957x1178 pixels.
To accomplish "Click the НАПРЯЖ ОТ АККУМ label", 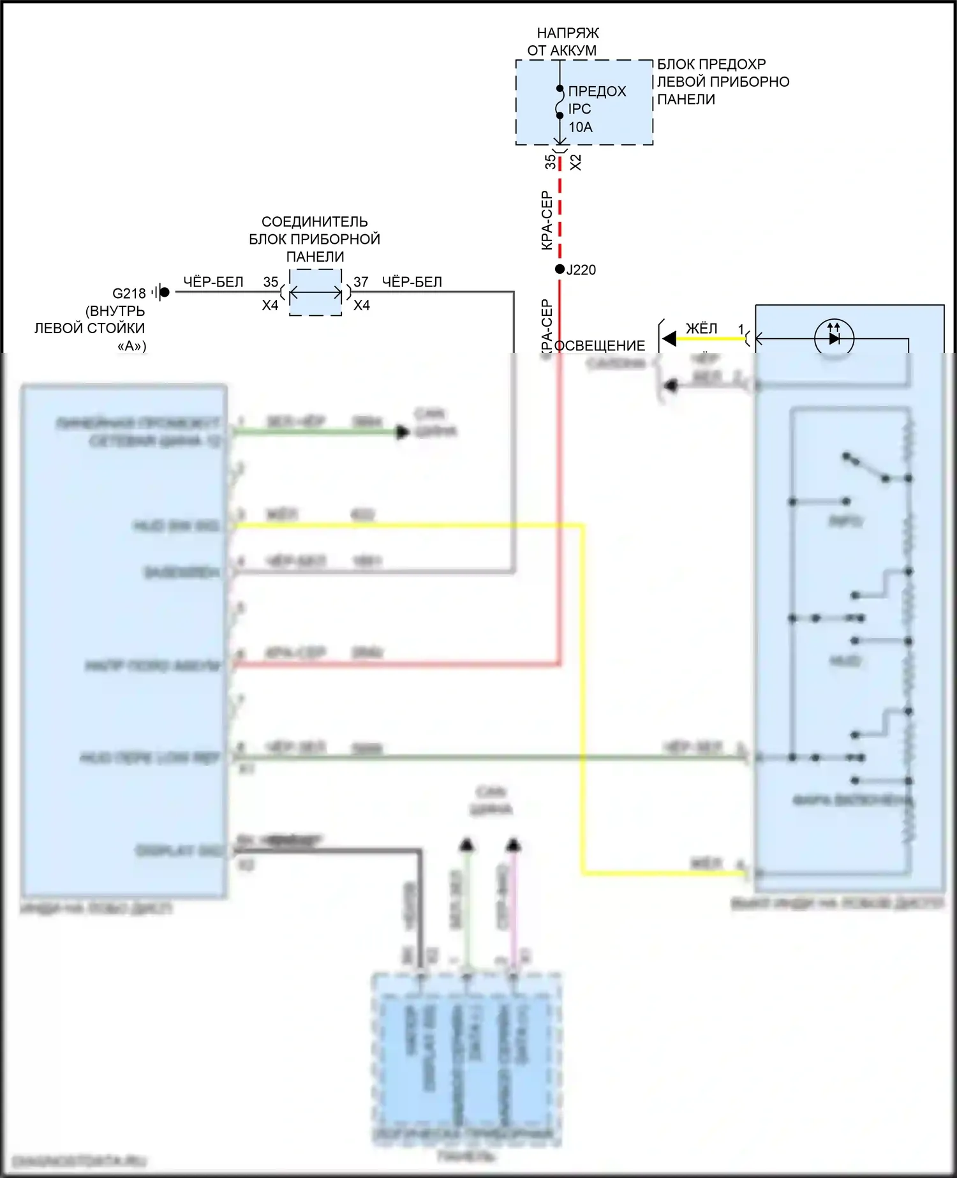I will (x=562, y=41).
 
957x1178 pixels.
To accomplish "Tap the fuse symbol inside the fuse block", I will (x=560, y=102).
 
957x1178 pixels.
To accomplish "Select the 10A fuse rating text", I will (x=581, y=127).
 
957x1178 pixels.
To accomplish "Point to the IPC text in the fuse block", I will (x=579, y=109).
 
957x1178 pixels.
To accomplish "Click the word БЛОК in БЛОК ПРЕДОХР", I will (x=676, y=64).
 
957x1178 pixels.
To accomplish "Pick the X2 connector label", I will (x=575, y=162).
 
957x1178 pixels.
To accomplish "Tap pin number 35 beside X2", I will (x=550, y=162).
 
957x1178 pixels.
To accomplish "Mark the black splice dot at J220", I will (x=560, y=269).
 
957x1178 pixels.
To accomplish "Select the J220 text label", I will (x=581, y=270).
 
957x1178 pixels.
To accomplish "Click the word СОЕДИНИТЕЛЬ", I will (x=315, y=221).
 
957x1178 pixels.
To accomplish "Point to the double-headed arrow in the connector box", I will (x=316, y=293).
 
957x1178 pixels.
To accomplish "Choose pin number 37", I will (x=361, y=281).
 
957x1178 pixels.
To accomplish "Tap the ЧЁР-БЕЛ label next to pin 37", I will (x=412, y=281).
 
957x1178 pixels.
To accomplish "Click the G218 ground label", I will (x=129, y=293).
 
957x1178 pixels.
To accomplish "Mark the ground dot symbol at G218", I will (x=164, y=292).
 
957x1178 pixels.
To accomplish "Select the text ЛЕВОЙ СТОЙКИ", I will (x=89, y=328).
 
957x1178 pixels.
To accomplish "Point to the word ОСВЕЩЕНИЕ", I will (x=600, y=346).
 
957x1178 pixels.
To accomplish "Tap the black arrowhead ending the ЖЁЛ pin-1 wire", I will (x=669, y=338).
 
